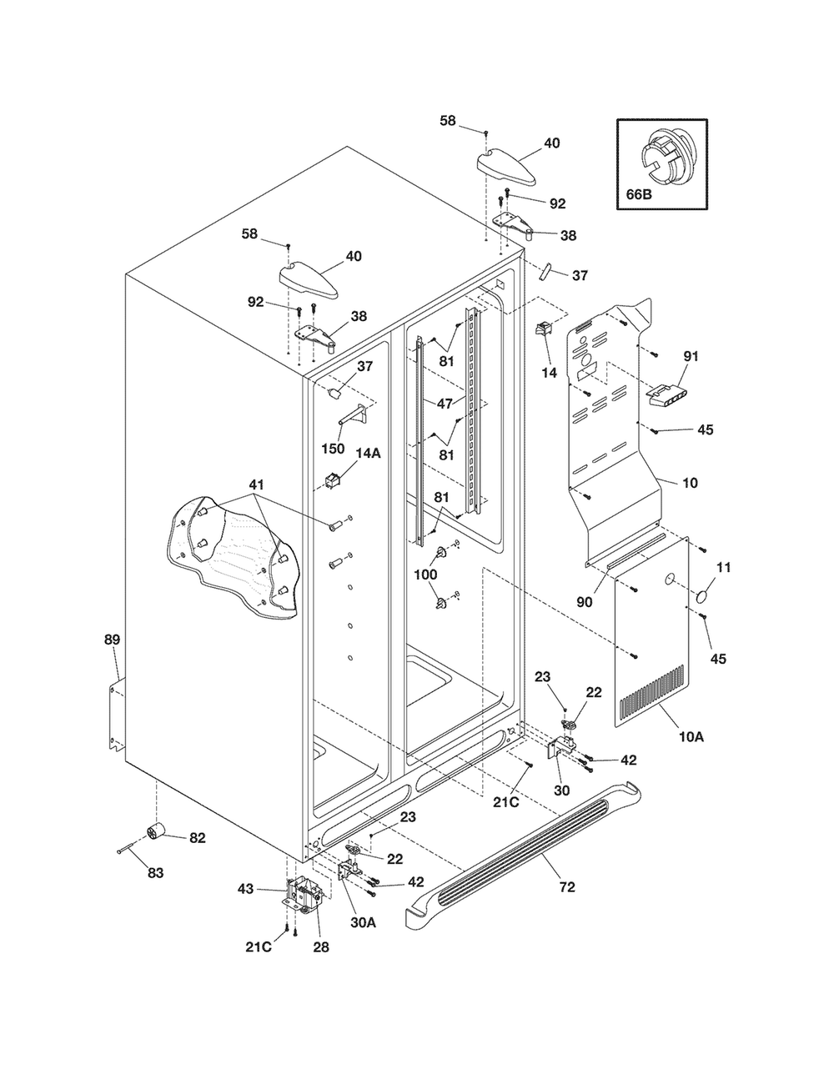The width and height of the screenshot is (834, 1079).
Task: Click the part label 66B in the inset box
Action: [x=638, y=194]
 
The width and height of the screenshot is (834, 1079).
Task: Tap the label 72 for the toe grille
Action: [x=567, y=886]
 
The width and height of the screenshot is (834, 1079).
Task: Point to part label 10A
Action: [x=691, y=737]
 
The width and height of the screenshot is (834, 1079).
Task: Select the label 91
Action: [x=691, y=356]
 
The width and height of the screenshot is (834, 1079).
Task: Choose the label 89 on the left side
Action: [x=112, y=640]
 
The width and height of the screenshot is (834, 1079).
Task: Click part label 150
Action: [x=333, y=449]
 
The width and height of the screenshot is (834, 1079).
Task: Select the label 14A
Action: [x=368, y=453]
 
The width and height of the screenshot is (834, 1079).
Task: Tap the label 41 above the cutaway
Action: [x=256, y=484]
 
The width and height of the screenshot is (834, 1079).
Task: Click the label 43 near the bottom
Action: [x=246, y=889]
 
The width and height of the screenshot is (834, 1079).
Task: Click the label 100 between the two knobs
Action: [x=425, y=575]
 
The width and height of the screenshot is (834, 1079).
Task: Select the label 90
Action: [x=585, y=602]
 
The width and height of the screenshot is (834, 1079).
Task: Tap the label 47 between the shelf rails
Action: [x=445, y=404]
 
